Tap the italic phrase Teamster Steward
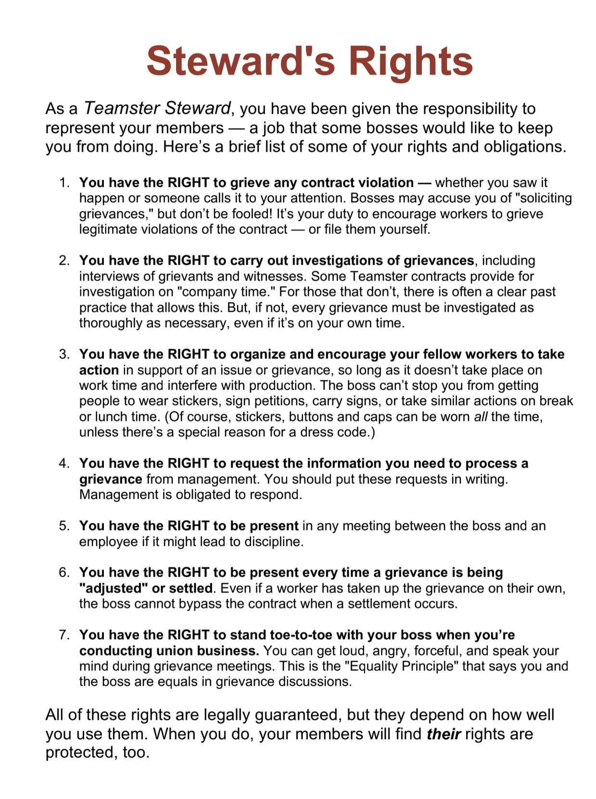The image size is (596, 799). (x=157, y=108)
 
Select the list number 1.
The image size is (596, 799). (x=63, y=183)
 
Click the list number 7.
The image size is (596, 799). (x=63, y=635)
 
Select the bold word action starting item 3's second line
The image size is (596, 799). (x=99, y=370)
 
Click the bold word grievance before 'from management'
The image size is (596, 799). (x=111, y=479)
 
